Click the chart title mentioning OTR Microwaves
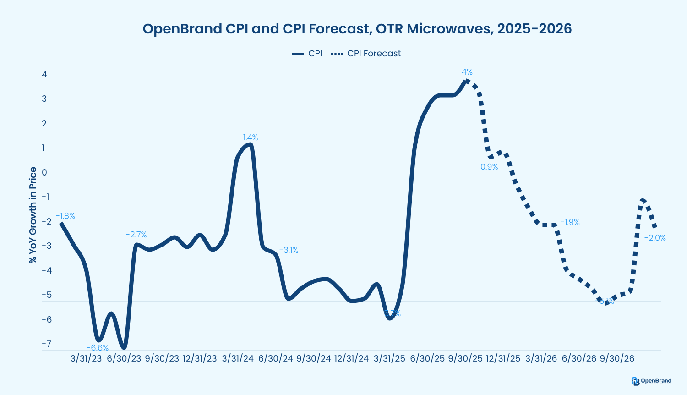(x=357, y=29)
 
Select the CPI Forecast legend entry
(x=366, y=54)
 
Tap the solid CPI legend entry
(x=307, y=54)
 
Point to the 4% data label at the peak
(x=467, y=72)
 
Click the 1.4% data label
(x=250, y=137)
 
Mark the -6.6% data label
(x=98, y=348)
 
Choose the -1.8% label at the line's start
(x=65, y=216)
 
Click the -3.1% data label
(x=289, y=250)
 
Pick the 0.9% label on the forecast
(x=489, y=167)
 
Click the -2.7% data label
(x=136, y=235)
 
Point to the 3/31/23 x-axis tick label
(x=86, y=358)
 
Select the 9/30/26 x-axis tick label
(x=617, y=358)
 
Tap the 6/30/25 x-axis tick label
(x=427, y=358)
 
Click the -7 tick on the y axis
(x=46, y=344)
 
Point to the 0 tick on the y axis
(x=44, y=173)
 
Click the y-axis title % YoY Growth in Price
(x=33, y=215)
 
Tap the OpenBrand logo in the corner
(x=651, y=381)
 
